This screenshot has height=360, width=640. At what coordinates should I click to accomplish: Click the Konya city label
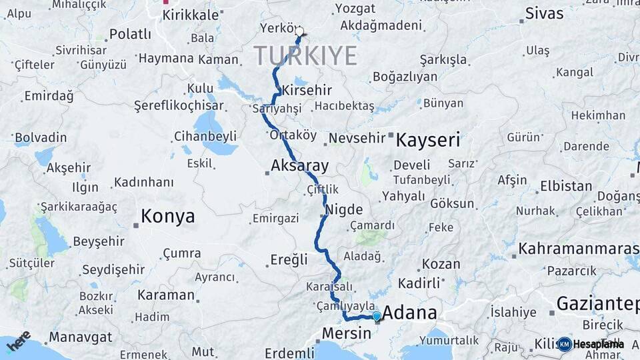pyautogui.click(x=167, y=217)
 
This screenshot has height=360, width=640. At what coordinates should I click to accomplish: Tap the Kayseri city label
pyautogui.click(x=428, y=141)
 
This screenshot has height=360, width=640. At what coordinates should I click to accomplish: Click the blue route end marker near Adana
pyautogui.click(x=377, y=316)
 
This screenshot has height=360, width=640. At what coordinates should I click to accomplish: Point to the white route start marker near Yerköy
pyautogui.click(x=299, y=31)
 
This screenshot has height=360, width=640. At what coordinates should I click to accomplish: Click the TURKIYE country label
pyautogui.click(x=305, y=56)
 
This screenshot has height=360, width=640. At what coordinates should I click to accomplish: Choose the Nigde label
pyautogui.click(x=344, y=209)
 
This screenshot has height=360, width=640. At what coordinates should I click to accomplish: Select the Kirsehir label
pyautogui.click(x=307, y=90)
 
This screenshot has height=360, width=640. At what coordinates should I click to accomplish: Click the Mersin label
pyautogui.click(x=346, y=333)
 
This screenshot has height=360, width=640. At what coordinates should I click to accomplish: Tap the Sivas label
pyautogui.click(x=544, y=13)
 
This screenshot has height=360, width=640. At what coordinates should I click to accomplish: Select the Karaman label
pyautogui.click(x=166, y=295)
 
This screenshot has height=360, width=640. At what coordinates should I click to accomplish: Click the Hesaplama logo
pyautogui.click(x=591, y=344)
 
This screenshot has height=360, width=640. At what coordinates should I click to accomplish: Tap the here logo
pyautogui.click(x=19, y=341)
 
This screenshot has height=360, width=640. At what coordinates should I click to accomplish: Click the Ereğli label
pyautogui.click(x=289, y=259)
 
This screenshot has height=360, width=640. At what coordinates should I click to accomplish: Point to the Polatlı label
pyautogui.click(x=130, y=34)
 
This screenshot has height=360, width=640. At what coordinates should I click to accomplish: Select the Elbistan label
pyautogui.click(x=566, y=185)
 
